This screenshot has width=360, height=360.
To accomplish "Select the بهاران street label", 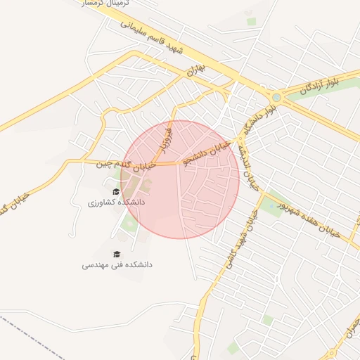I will click(195, 70).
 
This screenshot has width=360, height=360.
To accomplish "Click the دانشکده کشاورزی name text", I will click(116, 202).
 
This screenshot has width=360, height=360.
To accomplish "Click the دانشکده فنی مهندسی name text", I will click(117, 265).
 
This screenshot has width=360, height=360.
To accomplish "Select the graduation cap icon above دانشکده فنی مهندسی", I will click(117, 254).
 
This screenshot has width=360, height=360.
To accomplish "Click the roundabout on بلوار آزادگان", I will click(277, 98).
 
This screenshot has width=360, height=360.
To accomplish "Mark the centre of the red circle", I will click(180, 179).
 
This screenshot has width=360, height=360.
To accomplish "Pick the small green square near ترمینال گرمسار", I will click(251, 22).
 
